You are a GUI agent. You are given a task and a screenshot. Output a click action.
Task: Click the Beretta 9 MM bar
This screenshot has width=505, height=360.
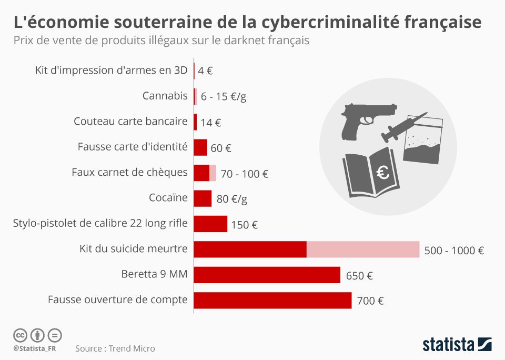(267, 275)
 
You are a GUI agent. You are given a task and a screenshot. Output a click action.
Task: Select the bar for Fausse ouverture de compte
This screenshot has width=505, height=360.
(272, 300)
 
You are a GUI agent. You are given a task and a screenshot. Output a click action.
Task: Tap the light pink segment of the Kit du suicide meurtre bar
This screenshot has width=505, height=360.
(363, 249)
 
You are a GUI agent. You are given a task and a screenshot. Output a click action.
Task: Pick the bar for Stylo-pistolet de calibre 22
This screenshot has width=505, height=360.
(210, 224)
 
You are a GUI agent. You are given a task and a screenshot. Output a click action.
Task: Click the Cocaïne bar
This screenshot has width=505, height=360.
(203, 198)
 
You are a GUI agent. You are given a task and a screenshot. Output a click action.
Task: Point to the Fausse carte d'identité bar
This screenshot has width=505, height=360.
(200, 147)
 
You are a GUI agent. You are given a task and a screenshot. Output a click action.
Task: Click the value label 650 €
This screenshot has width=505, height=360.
(359, 275)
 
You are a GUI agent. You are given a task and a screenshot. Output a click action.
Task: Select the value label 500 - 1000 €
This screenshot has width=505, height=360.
(454, 251)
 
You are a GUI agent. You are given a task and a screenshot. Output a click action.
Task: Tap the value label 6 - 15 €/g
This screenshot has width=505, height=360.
(223, 97)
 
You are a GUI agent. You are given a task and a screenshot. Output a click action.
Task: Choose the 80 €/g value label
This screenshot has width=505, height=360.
(231, 199)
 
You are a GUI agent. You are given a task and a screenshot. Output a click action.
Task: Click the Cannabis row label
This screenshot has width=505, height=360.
(165, 96)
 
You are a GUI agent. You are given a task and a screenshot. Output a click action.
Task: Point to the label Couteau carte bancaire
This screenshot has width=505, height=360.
(130, 122)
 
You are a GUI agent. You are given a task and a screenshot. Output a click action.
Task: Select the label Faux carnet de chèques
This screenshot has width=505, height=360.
(129, 172)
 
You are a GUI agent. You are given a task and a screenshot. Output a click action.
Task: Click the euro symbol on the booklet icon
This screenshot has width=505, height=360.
(383, 172)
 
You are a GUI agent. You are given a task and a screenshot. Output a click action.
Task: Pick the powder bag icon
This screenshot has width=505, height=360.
(423, 139)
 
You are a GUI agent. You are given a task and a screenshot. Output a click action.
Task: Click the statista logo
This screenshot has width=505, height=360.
(457, 345)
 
